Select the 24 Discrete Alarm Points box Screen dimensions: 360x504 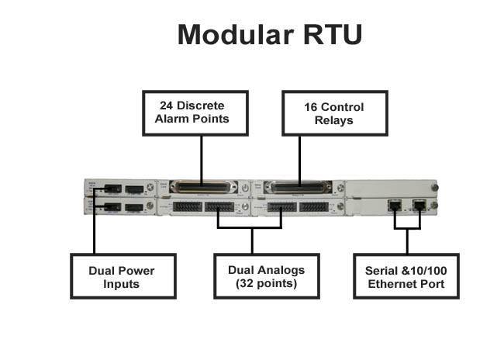pos(202,112)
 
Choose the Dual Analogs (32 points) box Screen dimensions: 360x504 pos(266,276)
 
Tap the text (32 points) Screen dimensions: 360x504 pos(266,284)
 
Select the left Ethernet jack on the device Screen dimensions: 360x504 pos(395,206)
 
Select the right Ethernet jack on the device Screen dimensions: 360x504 pos(419,206)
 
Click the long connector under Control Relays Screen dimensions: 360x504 pos(299,187)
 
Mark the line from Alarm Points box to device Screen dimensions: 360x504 pos(202,159)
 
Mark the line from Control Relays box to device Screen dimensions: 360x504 pos(299,159)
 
